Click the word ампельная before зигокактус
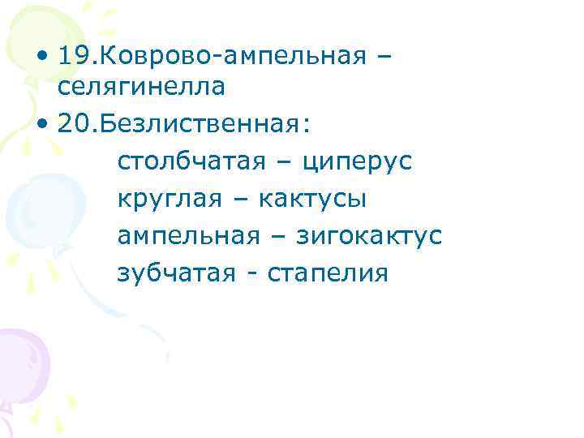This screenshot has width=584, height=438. point(189,236)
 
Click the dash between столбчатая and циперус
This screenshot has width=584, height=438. point(284,161)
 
